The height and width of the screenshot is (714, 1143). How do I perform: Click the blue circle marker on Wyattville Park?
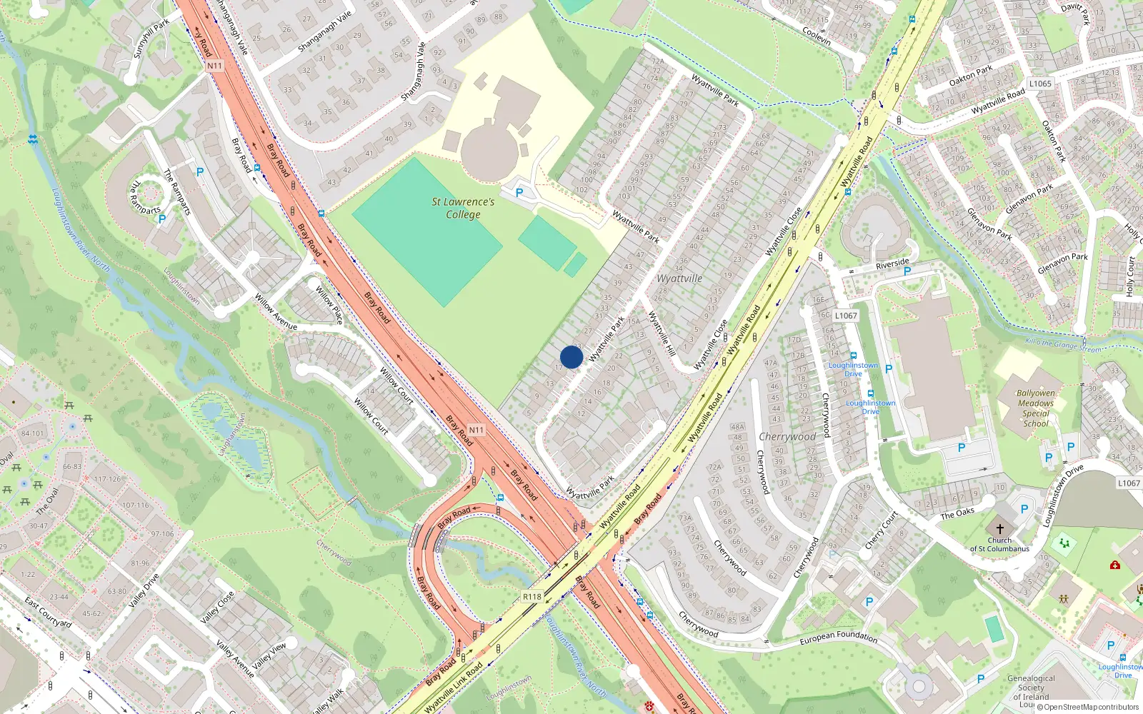[x=571, y=357]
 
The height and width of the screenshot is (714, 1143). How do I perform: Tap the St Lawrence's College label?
[x=463, y=208]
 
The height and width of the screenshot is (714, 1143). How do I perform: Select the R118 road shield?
[x=532, y=597]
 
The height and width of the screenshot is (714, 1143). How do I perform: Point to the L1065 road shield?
[x=1040, y=84]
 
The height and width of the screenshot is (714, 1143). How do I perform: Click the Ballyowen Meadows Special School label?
[x=1036, y=408]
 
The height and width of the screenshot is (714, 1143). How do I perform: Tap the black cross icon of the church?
[x=999, y=528]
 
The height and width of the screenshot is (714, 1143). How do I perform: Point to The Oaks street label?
[x=957, y=514]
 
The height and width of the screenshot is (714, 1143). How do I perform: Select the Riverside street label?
[x=892, y=264]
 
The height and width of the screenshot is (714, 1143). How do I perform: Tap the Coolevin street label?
[x=817, y=36]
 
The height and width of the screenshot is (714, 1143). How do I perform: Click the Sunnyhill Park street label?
[x=151, y=39]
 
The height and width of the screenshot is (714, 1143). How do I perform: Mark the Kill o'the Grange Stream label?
[x=1063, y=345]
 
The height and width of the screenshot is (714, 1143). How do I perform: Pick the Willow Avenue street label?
[x=276, y=312]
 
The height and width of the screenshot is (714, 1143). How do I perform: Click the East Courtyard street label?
[x=48, y=613]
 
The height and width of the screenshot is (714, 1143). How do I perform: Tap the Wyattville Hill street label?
[x=662, y=334]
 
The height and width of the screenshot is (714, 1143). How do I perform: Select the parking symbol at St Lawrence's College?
[x=519, y=193]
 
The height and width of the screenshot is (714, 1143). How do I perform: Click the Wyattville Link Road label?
[x=454, y=688]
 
